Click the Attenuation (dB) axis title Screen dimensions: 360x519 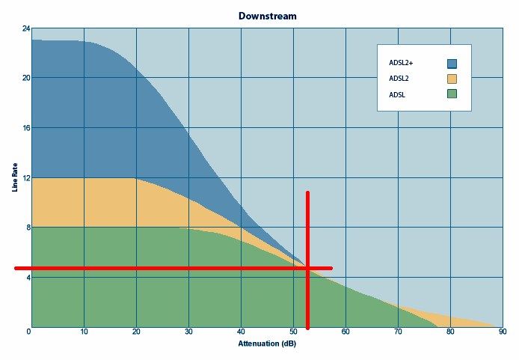(266, 344)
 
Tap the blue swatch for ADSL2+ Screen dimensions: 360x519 (452, 64)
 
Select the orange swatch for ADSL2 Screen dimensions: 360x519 (452, 79)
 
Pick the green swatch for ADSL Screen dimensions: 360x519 (452, 94)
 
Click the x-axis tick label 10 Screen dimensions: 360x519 (84, 332)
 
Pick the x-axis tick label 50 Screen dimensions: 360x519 (293, 332)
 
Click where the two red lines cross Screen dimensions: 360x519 (307, 268)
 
